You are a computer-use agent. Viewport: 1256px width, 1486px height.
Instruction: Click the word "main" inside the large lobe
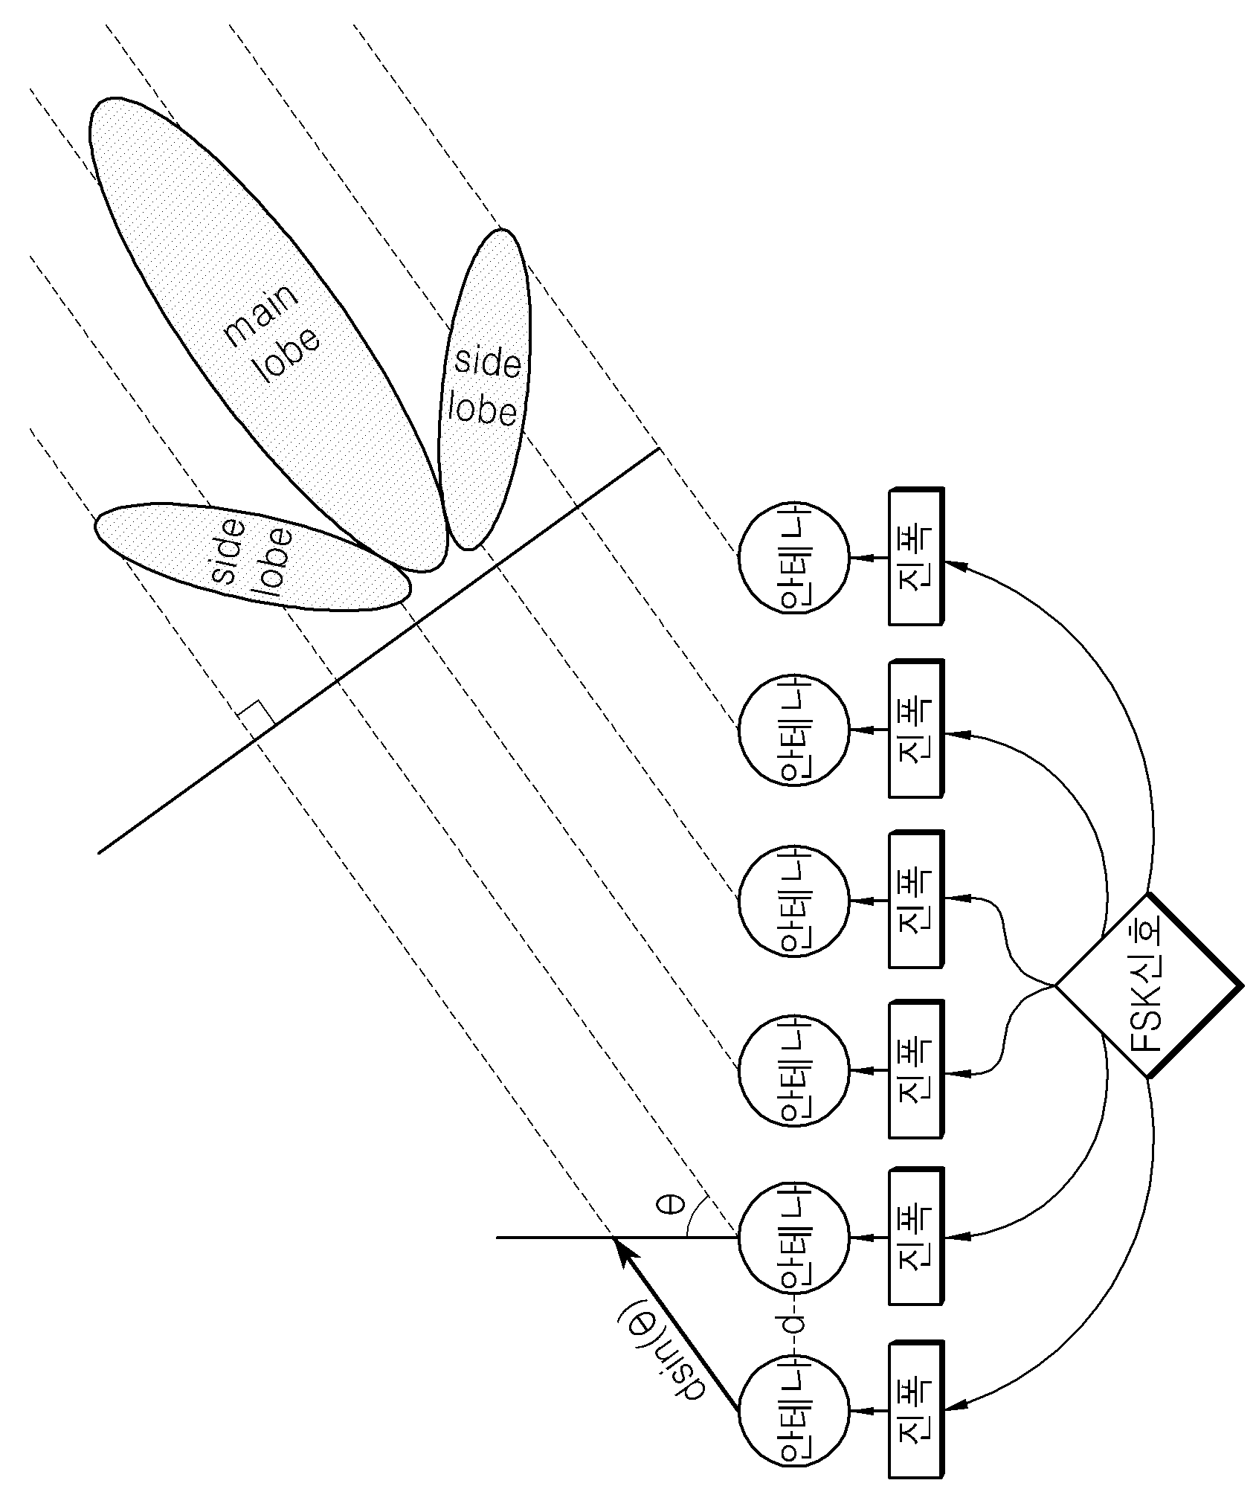(x=262, y=314)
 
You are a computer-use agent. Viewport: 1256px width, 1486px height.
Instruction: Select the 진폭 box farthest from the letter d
(x=916, y=556)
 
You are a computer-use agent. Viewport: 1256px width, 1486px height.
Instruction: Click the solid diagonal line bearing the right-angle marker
(x=378, y=651)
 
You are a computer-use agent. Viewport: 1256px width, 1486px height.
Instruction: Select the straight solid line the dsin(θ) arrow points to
(x=616, y=1238)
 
